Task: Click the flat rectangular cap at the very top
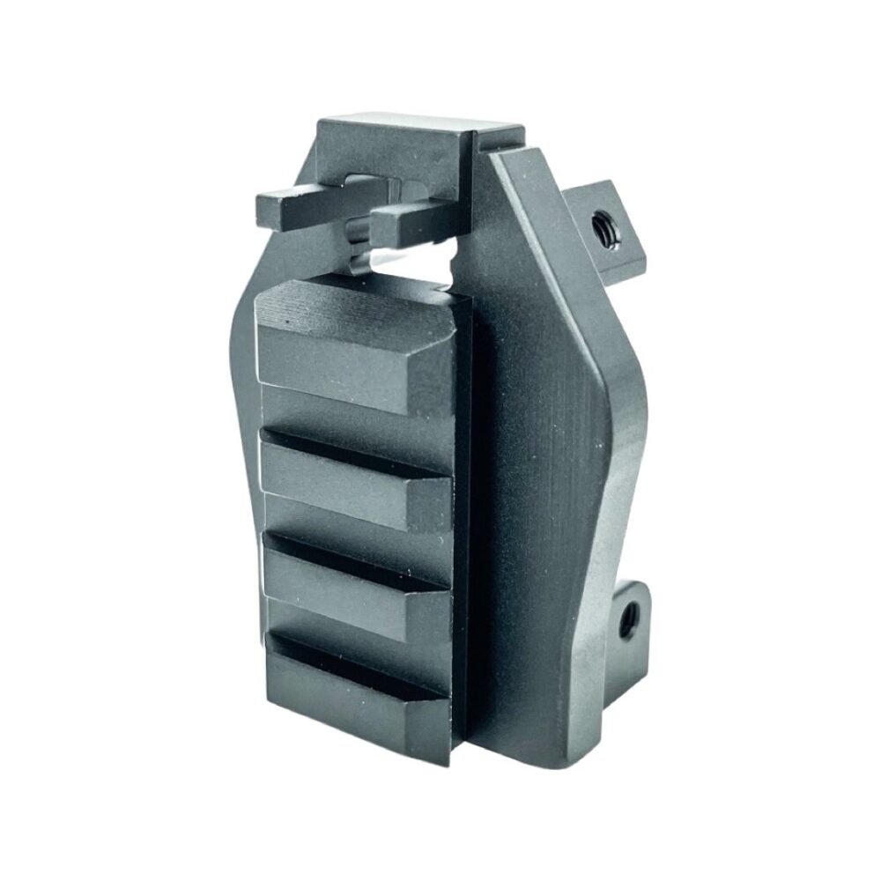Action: click(396, 132)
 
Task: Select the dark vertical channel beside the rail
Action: click(463, 529)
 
